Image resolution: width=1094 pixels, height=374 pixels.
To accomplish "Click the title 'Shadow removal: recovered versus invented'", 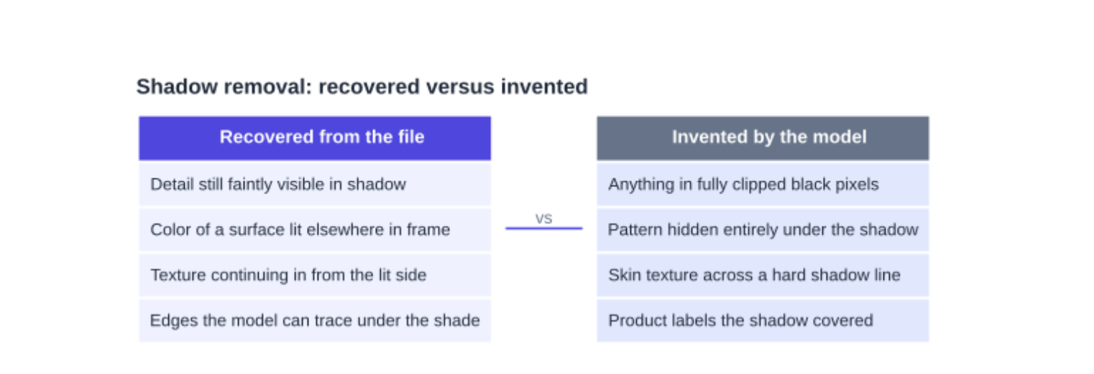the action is tap(362, 87).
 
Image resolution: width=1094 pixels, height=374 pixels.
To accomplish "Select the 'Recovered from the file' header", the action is tap(315, 138).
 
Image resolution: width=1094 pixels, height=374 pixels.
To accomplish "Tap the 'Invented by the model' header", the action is tap(763, 138).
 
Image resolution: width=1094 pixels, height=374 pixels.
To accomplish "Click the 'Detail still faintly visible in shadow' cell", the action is tap(315, 184).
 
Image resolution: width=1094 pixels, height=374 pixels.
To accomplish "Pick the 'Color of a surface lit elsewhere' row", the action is tap(315, 229).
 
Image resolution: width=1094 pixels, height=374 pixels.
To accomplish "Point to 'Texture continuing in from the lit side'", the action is tap(315, 275).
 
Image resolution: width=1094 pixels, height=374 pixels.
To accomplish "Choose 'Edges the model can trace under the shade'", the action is tap(315, 321).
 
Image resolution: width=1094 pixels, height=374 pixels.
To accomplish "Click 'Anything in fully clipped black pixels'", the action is tap(763, 184).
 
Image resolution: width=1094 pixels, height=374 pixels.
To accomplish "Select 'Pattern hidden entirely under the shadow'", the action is tap(763, 229).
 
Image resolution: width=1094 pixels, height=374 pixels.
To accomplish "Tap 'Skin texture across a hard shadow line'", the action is tap(763, 275).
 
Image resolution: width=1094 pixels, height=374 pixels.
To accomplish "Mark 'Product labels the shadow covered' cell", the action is tap(763, 321).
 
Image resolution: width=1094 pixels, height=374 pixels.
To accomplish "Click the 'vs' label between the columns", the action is tap(543, 219).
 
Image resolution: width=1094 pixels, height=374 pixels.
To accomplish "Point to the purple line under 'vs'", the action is tap(544, 228).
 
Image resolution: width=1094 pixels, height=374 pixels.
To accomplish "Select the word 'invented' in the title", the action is tap(544, 87).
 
